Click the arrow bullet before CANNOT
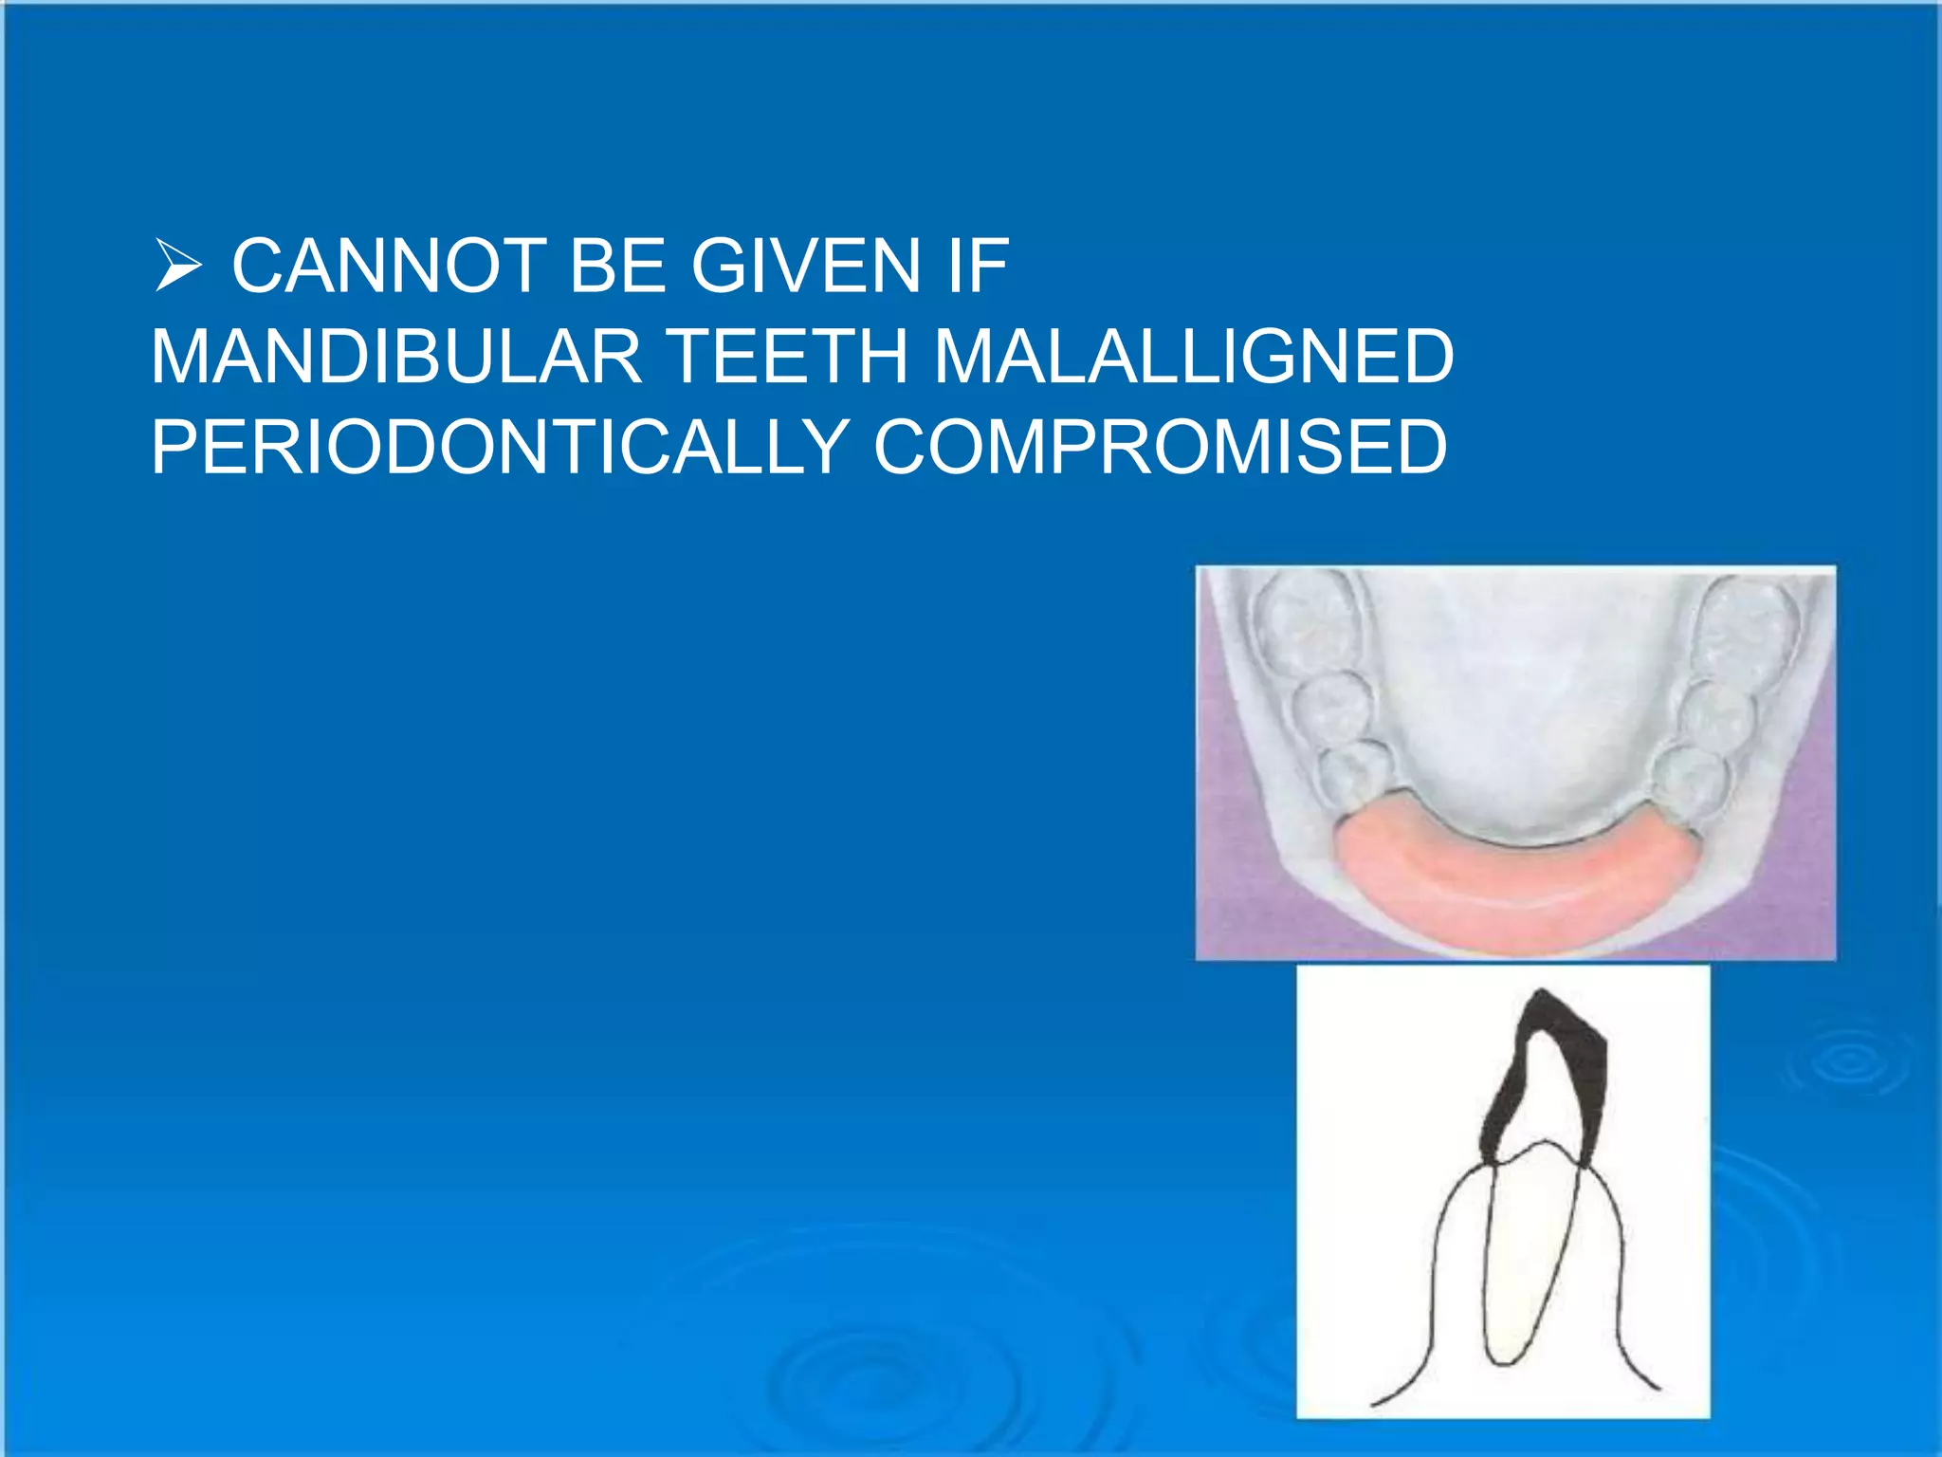(177, 267)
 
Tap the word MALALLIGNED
(1194, 357)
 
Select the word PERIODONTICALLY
(500, 447)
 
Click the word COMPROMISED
(1160, 447)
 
